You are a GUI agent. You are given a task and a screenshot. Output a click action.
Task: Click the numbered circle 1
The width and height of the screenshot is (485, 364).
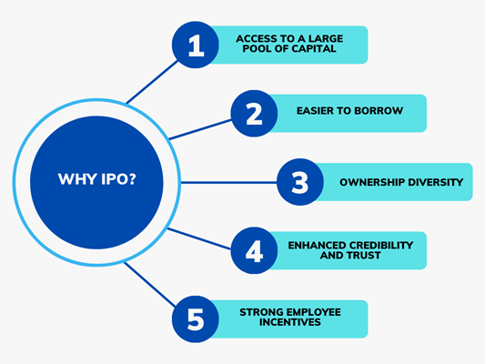pos(196,45)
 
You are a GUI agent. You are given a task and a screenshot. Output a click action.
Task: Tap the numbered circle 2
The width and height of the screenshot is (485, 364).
pos(254,114)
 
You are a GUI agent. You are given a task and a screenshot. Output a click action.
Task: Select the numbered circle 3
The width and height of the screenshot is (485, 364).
pos(300,182)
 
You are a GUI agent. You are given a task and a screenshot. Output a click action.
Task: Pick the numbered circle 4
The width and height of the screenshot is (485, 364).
pos(254,251)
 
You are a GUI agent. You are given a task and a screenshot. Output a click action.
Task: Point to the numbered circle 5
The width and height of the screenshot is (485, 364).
pos(196,319)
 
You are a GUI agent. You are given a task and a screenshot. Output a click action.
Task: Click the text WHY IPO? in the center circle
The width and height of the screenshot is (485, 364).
pos(96,179)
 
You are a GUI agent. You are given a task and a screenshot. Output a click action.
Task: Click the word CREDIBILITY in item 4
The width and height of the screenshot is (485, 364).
pos(377,245)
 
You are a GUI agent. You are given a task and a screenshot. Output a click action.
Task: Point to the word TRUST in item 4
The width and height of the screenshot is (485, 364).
pos(363,256)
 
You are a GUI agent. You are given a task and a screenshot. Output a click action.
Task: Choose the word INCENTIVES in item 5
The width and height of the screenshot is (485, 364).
pos(290,322)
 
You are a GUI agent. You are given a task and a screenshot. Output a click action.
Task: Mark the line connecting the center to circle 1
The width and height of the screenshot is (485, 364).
pos(152,82)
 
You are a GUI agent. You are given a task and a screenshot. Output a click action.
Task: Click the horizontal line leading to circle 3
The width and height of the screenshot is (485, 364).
pos(228,183)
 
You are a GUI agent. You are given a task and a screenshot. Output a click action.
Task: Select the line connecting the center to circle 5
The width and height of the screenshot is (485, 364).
pos(150,285)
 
